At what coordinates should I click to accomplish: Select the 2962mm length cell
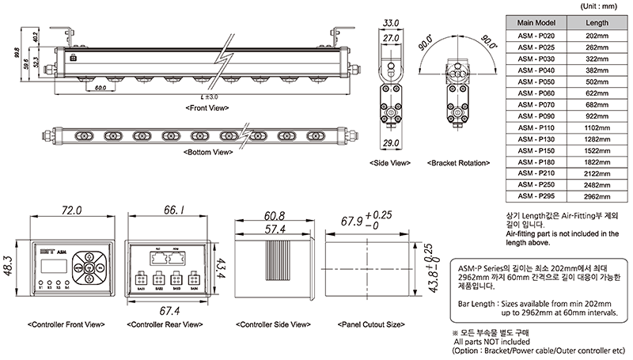tap(597, 195)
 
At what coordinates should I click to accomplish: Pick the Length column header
tap(597, 23)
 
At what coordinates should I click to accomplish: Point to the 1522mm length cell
tap(597, 150)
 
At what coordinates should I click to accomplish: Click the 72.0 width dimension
tap(72, 211)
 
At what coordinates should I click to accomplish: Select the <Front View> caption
tap(207, 106)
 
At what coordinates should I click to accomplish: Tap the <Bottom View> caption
tap(207, 151)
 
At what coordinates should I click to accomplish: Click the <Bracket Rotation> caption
tap(459, 162)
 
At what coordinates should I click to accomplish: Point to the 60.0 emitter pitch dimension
tap(100, 88)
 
